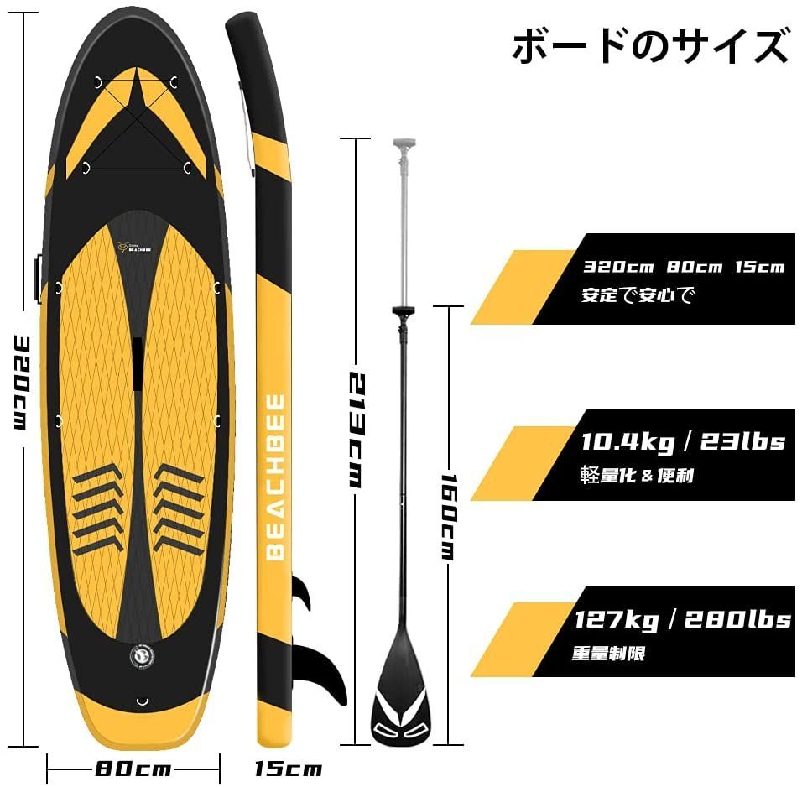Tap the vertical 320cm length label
pyautogui.click(x=19, y=383)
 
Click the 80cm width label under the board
pyautogui.click(x=133, y=769)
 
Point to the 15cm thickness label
pyautogui.click(x=289, y=769)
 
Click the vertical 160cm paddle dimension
pyautogui.click(x=449, y=517)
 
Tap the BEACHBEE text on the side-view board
pyautogui.click(x=276, y=477)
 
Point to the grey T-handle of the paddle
pyautogui.click(x=404, y=143)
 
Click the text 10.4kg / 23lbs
pyautogui.click(x=684, y=441)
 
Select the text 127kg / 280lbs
pyautogui.click(x=682, y=620)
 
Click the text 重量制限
pyautogui.click(x=608, y=654)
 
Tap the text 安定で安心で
pyautogui.click(x=638, y=294)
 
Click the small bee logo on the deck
pyautogui.click(x=122, y=248)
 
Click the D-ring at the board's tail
pyautogui.click(x=142, y=701)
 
